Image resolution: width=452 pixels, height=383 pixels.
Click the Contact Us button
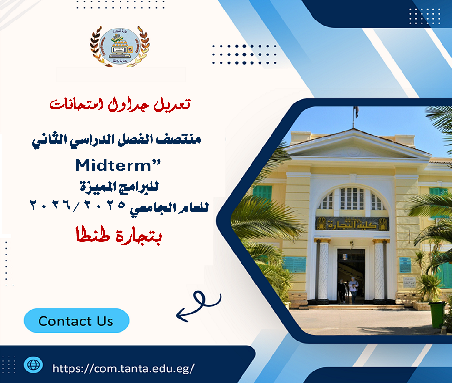click(76, 321)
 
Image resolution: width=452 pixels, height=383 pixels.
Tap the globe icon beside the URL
click(33, 365)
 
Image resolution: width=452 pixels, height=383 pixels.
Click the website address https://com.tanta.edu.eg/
click(124, 368)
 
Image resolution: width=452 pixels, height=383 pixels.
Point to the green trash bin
click(436, 314)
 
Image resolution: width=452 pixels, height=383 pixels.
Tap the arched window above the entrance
click(352, 199)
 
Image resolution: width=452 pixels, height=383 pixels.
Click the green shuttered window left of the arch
click(261, 192)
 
